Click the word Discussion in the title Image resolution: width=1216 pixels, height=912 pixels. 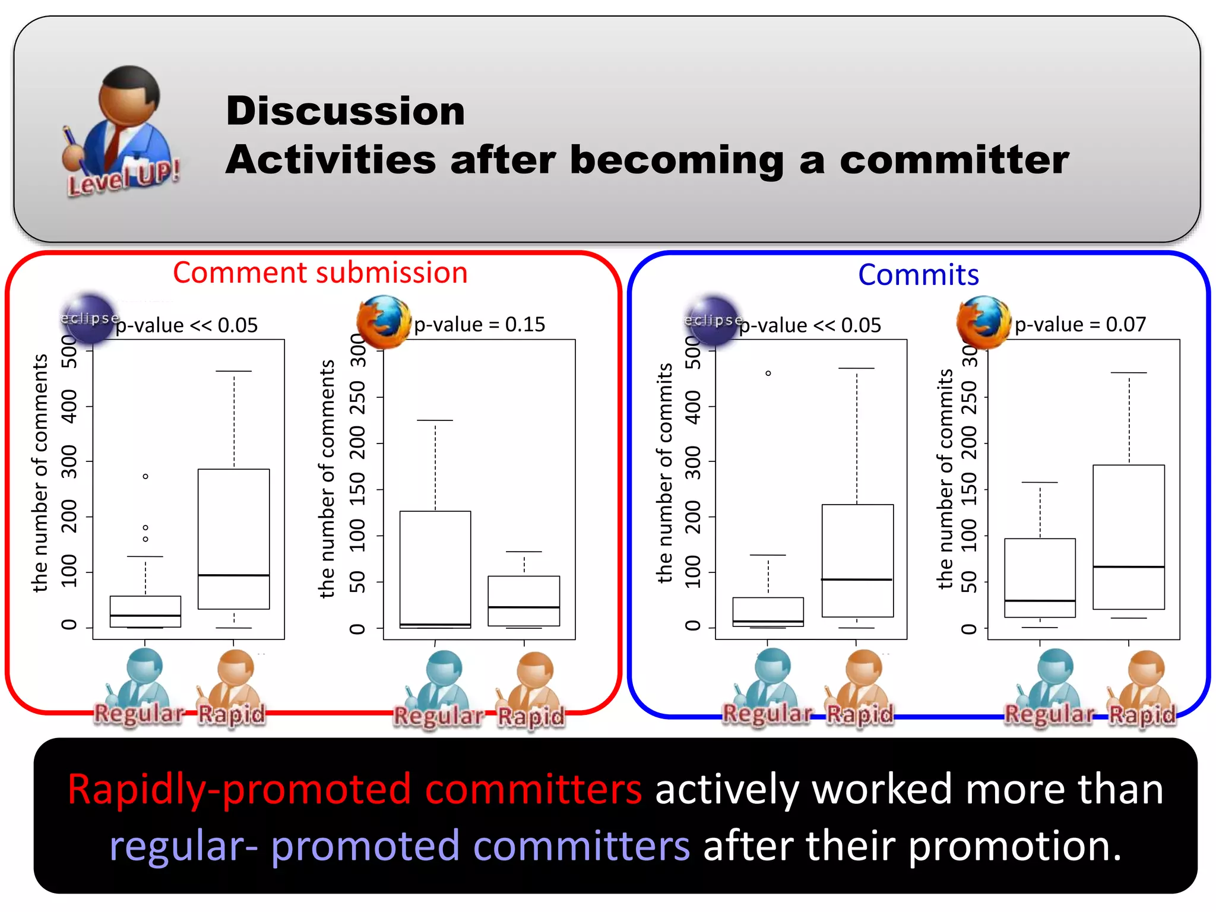pyautogui.click(x=345, y=111)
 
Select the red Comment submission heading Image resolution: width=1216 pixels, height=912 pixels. pyautogui.click(x=320, y=273)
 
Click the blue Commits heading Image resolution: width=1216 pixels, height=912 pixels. pyautogui.click(x=918, y=275)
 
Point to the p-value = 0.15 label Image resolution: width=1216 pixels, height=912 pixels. pyautogui.click(x=479, y=324)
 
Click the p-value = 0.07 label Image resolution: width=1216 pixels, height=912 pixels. pyautogui.click(x=1079, y=324)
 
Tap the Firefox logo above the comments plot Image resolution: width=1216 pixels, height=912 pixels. pyautogui.click(x=383, y=322)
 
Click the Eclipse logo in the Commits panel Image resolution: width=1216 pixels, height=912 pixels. pyautogui.click(x=712, y=321)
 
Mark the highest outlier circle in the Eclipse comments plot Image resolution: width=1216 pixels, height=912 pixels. pyautogui.click(x=145, y=476)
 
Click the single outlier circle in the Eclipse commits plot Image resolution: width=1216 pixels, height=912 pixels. pyautogui.click(x=768, y=373)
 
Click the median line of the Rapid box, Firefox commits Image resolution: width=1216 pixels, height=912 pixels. pyautogui.click(x=1128, y=567)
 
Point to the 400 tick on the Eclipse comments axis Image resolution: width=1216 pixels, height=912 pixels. pyautogui.click(x=69, y=406)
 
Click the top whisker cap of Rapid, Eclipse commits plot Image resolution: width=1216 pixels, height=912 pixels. pyautogui.click(x=856, y=369)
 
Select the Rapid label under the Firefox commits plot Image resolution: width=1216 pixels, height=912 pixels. pyautogui.click(x=1142, y=714)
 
